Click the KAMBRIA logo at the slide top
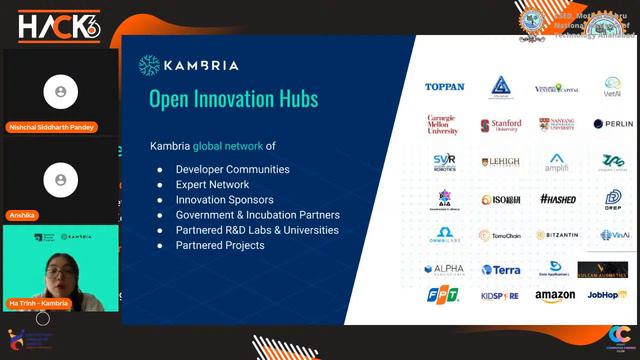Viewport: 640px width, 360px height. click(189, 66)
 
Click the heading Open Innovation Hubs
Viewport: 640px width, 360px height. click(233, 98)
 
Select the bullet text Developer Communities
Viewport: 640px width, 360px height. click(232, 169)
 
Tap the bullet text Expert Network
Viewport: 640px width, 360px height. click(212, 184)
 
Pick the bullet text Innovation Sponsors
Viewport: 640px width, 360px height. click(225, 199)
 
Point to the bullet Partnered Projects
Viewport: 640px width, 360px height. click(220, 245)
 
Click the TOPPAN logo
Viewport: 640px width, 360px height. click(444, 87)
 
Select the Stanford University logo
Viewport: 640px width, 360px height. click(500, 125)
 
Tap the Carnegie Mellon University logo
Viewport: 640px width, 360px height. click(443, 124)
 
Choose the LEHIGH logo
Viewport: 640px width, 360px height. click(500, 161)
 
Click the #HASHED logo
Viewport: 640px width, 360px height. click(557, 198)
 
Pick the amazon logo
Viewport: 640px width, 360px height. click(555, 296)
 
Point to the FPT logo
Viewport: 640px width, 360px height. click(443, 296)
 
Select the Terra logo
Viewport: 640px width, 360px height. click(500, 270)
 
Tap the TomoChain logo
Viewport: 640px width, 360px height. click(500, 235)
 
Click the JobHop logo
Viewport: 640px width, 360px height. click(608, 296)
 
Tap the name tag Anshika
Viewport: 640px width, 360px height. click(22, 215)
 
